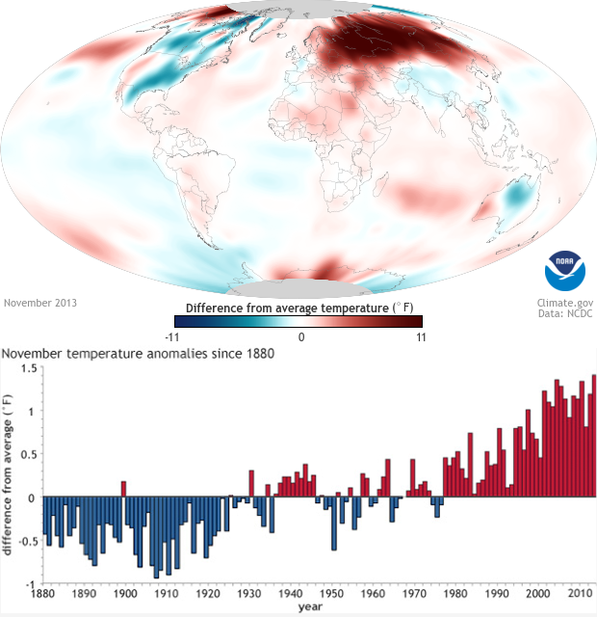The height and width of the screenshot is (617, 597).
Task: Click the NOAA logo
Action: coord(564,271)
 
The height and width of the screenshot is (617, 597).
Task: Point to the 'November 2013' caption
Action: coord(40,302)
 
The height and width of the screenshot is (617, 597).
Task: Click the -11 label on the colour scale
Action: coord(174,336)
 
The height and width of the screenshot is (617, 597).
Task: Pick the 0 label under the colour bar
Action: coord(300,336)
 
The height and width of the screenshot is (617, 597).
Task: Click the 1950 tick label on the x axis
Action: coord(332,595)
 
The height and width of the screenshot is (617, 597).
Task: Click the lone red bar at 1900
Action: coord(123,489)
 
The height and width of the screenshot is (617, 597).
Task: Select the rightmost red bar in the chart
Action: coord(593,436)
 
